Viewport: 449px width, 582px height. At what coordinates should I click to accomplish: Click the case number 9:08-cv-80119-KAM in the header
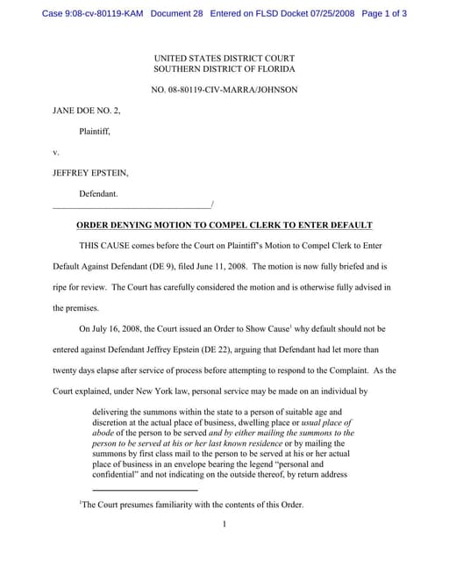click(93, 14)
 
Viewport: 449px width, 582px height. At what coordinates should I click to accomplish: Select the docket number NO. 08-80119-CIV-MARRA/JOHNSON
click(224, 90)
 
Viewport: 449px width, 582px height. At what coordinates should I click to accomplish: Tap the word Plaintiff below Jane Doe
click(95, 132)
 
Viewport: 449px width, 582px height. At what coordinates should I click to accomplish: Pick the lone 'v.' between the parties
click(56, 152)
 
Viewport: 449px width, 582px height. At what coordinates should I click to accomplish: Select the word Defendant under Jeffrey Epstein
click(98, 192)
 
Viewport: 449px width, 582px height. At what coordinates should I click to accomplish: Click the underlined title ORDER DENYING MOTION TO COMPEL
click(224, 225)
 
